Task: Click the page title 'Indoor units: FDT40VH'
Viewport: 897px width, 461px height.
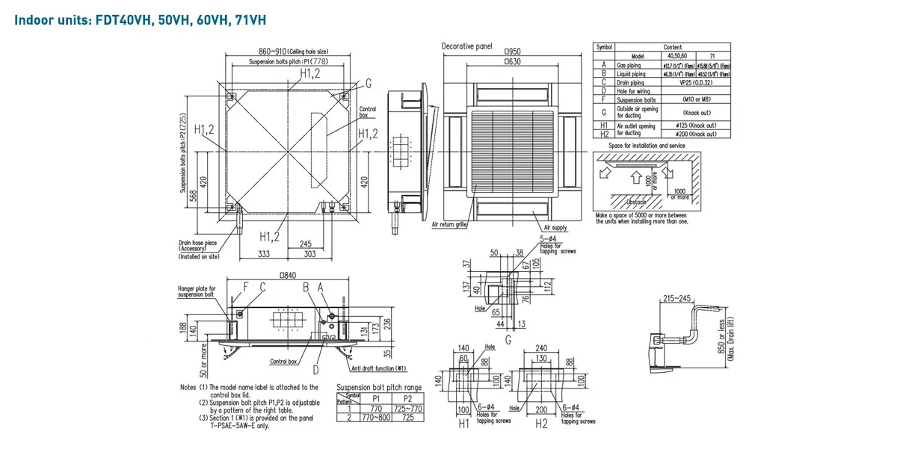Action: pyautogui.click(x=140, y=19)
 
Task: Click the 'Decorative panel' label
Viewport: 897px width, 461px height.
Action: pyautogui.click(x=467, y=46)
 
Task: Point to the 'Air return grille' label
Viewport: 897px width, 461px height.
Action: pyautogui.click(x=450, y=223)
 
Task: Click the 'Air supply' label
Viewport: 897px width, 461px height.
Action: pyautogui.click(x=554, y=227)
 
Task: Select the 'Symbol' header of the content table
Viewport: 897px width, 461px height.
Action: pyautogui.click(x=604, y=47)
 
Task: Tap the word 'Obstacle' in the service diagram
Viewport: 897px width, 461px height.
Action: pyautogui.click(x=635, y=202)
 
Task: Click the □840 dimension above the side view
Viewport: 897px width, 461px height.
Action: pyautogui.click(x=288, y=276)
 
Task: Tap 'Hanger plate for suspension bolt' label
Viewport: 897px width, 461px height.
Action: pyautogui.click(x=197, y=291)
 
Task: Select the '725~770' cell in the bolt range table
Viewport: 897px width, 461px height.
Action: pyautogui.click(x=407, y=409)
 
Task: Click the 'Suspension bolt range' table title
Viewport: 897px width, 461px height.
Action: pyautogui.click(x=379, y=387)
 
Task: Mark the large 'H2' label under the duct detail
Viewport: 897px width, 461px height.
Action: pyautogui.click(x=543, y=424)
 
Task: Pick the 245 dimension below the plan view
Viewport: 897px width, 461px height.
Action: pyautogui.click(x=305, y=244)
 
